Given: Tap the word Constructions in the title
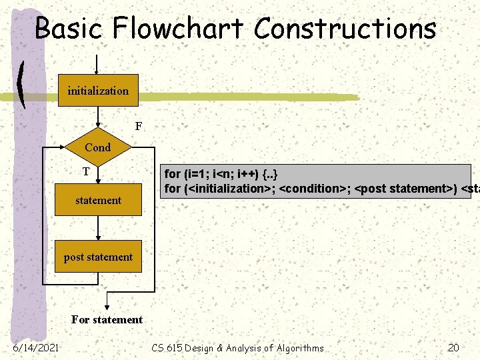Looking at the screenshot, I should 345,29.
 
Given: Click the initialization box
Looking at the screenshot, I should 98,91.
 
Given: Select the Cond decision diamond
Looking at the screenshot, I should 98,147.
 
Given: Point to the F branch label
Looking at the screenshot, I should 139,125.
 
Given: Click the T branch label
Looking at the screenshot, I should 86,172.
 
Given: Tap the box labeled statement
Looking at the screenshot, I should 98,200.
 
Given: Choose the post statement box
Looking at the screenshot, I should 98,257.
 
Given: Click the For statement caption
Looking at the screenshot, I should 107,319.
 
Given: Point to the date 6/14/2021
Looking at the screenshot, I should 35,347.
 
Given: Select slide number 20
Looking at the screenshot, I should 454,347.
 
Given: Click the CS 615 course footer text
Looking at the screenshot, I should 237,347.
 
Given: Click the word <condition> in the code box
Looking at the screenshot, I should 310,189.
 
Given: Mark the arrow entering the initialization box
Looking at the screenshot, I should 98,65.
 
